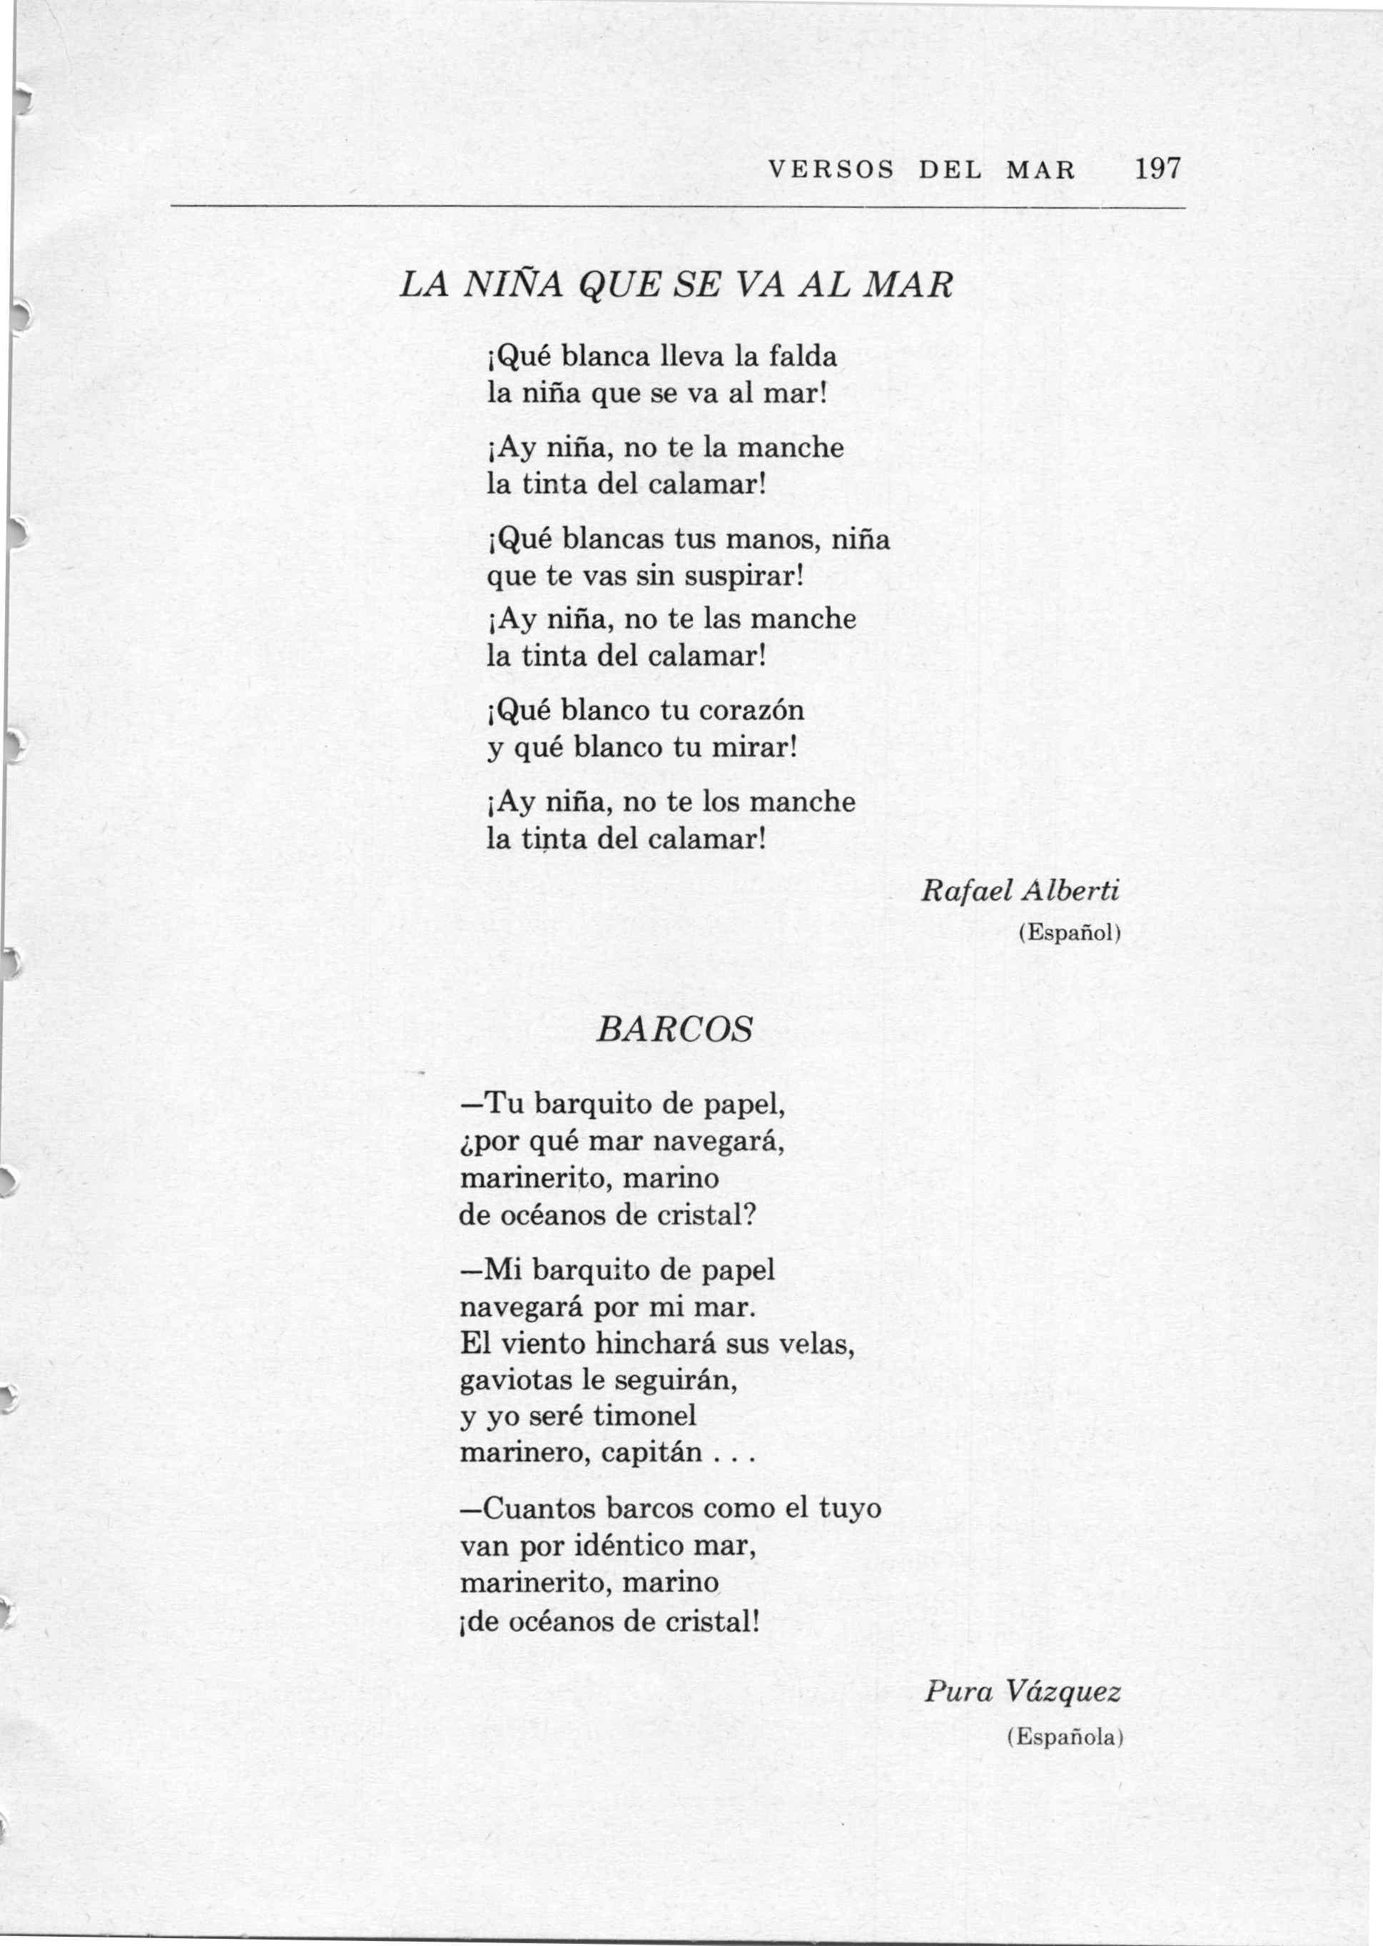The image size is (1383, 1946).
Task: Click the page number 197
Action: coord(1157,168)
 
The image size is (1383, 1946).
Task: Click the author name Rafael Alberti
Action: coord(1019,892)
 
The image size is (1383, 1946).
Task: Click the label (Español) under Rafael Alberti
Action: coord(1070,933)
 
